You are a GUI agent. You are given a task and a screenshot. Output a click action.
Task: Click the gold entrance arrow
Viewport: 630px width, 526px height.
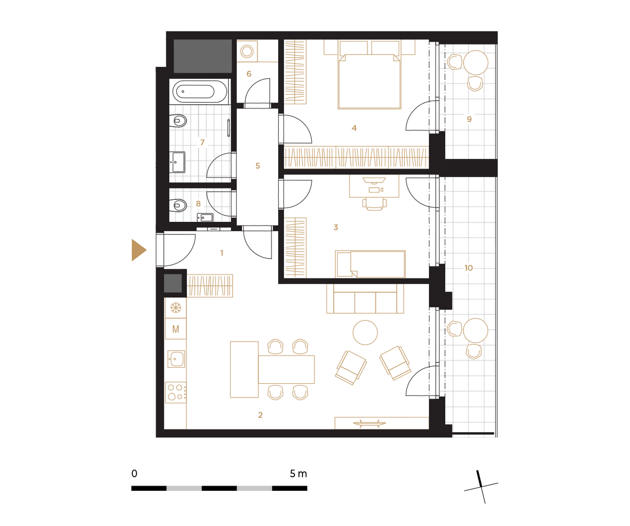(x=138, y=250)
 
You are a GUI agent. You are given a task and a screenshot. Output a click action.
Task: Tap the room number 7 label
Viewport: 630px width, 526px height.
(x=203, y=142)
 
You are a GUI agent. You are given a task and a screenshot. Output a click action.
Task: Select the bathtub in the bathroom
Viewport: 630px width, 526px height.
(x=199, y=91)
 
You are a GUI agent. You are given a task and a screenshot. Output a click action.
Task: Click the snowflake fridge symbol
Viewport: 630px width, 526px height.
(x=175, y=308)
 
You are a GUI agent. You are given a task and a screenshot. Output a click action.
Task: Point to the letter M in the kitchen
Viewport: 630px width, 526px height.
(x=175, y=329)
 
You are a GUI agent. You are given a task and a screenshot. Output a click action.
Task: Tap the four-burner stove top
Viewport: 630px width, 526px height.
(x=176, y=392)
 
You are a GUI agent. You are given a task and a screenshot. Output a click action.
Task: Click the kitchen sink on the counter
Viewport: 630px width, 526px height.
(x=176, y=359)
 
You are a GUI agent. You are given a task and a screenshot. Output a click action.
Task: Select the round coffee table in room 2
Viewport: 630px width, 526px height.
(x=365, y=332)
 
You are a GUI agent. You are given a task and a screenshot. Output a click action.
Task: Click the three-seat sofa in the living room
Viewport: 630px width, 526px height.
(x=365, y=298)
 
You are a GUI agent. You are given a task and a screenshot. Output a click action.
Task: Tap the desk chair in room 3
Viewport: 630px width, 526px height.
(x=374, y=204)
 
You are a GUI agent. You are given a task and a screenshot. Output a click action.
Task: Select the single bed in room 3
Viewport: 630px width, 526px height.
(x=370, y=264)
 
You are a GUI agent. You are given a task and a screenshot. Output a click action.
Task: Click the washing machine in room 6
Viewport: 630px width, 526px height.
(x=247, y=51)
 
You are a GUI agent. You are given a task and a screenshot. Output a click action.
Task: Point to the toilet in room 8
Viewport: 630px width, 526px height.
(x=178, y=205)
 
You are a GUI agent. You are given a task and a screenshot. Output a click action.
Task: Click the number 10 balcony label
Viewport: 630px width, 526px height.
(x=468, y=267)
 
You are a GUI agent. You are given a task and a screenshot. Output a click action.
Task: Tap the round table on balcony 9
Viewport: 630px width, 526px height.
(x=476, y=62)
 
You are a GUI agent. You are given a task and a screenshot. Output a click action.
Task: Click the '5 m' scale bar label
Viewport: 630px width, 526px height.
(x=298, y=474)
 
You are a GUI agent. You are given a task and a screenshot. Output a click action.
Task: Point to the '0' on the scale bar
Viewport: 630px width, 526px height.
(x=134, y=474)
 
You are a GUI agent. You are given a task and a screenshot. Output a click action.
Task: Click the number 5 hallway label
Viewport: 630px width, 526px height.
(x=258, y=166)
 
